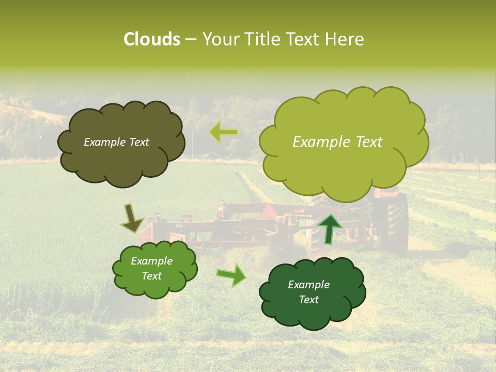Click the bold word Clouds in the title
[x=151, y=39]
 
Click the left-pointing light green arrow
[x=224, y=133]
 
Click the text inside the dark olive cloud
[x=116, y=142]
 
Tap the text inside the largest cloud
[x=337, y=142]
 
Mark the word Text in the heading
[x=304, y=39]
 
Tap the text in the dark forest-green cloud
[x=308, y=292]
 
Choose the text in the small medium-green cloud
[x=151, y=268]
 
